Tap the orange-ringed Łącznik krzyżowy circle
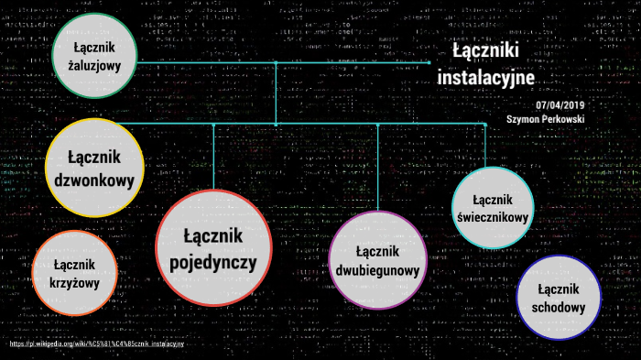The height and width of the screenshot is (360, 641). click(x=75, y=273)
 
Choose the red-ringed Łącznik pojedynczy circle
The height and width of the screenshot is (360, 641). click(x=218, y=248)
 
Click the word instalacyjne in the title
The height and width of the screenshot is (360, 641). click(x=485, y=79)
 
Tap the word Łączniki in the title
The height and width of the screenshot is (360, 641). click(x=486, y=51)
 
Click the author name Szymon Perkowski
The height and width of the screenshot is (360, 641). click(x=545, y=119)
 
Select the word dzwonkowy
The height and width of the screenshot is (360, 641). click(x=94, y=180)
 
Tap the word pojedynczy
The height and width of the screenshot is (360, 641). click(x=218, y=264)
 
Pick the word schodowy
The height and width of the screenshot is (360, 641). click(x=558, y=307)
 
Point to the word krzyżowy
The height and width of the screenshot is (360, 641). click(x=75, y=283)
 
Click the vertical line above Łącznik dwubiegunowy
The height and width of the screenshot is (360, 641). click(x=377, y=165)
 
